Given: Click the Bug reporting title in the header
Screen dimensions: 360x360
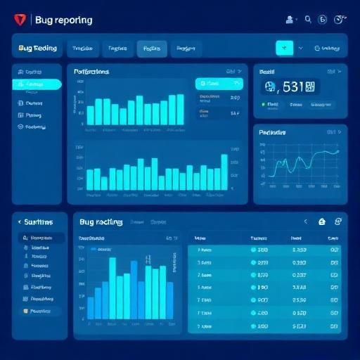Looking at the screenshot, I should (x=63, y=20).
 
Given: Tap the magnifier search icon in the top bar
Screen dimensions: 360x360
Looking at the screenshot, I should (x=308, y=20).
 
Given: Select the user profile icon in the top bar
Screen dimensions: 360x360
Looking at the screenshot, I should (x=289, y=20).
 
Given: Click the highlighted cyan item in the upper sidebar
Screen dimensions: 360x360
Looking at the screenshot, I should (x=37, y=84).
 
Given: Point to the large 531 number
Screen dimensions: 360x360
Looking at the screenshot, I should (x=290, y=87).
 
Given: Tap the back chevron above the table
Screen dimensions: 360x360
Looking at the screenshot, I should (x=306, y=221).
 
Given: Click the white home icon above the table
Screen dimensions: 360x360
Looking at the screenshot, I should (x=322, y=221).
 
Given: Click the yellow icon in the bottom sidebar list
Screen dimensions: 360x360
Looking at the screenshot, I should (x=25, y=310).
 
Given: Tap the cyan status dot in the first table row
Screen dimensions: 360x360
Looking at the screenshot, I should (x=254, y=250).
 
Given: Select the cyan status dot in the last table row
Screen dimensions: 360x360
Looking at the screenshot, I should (x=254, y=327).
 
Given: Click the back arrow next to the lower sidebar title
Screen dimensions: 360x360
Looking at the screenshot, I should (x=18, y=221).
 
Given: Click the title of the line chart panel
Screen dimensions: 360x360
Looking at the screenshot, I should (x=272, y=132).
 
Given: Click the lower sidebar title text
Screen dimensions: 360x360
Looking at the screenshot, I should (x=39, y=221).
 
